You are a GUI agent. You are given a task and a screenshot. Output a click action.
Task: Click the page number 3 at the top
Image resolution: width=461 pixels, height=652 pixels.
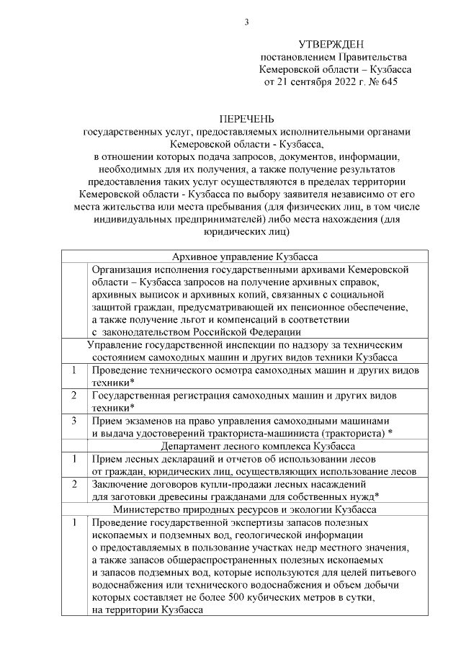[x=246, y=22]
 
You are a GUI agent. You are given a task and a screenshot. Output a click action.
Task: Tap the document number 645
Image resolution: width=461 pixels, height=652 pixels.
[x=386, y=82]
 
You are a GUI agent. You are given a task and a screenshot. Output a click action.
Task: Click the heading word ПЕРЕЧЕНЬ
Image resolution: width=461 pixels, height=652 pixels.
[x=246, y=120]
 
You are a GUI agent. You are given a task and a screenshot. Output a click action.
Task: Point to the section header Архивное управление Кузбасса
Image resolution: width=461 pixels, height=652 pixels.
[x=246, y=257]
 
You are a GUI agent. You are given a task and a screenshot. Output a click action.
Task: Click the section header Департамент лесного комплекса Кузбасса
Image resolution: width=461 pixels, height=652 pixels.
[x=246, y=446]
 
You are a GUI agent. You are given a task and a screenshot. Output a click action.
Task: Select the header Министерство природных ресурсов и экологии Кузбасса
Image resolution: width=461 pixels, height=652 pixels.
[x=246, y=509]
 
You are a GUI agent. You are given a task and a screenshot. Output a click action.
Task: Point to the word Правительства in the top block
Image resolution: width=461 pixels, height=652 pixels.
[x=375, y=57]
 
